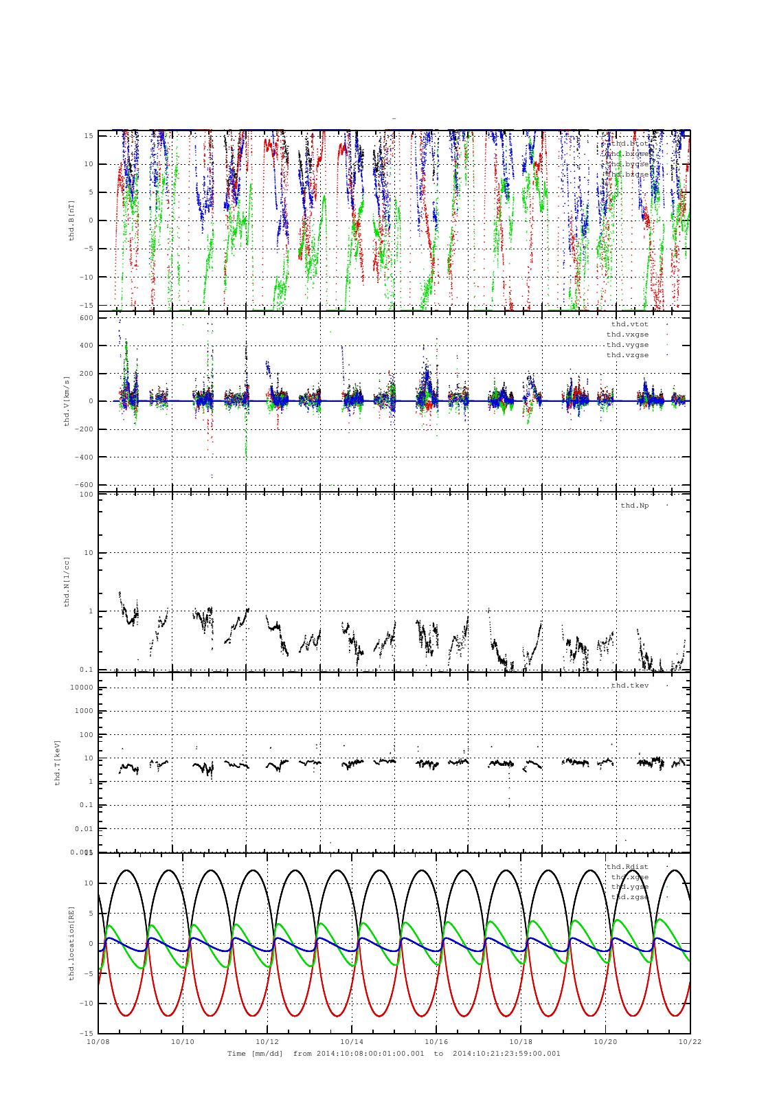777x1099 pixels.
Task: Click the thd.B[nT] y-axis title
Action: (x=71, y=220)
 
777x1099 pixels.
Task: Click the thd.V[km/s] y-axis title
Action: (x=67, y=401)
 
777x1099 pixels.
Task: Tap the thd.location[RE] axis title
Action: (x=71, y=942)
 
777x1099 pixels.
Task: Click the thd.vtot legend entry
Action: (x=629, y=324)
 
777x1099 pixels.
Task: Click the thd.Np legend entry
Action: (x=634, y=506)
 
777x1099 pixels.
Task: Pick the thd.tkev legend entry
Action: (x=629, y=686)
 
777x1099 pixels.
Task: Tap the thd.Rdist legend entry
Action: (x=627, y=867)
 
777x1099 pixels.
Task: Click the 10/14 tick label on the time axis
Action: (x=352, y=1041)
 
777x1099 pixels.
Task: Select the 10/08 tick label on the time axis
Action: (x=98, y=1041)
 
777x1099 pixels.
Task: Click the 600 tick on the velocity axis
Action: (x=86, y=317)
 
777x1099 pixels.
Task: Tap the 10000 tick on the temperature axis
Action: (x=81, y=688)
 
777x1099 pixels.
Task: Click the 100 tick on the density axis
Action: (x=86, y=495)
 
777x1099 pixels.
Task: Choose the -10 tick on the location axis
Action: (x=86, y=1004)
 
